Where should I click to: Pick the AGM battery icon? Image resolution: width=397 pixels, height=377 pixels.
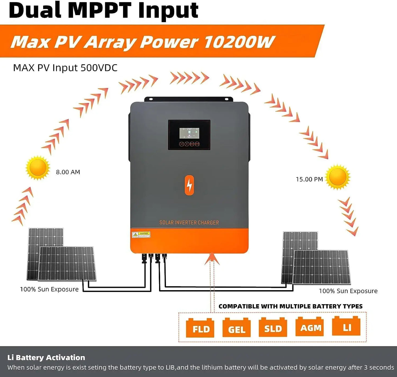point(310,327)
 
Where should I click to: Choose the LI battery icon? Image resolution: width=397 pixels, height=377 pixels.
point(346,326)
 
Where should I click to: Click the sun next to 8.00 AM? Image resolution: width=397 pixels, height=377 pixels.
point(38,168)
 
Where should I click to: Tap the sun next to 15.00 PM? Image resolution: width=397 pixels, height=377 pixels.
point(338,177)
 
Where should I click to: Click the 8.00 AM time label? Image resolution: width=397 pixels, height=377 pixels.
point(68,172)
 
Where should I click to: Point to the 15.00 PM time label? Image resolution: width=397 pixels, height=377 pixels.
point(309,179)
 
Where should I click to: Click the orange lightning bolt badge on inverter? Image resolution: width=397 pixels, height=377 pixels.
point(189,185)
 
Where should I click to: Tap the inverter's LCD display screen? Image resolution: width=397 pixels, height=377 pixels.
point(189,133)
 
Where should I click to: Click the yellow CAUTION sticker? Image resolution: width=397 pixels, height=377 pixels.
point(141,235)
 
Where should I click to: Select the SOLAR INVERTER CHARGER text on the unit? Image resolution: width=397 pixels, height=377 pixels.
point(189,223)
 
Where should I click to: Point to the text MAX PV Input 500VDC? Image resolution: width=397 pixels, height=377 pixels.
point(65,68)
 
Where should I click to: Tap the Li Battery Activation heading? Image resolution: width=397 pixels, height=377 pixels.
point(46,357)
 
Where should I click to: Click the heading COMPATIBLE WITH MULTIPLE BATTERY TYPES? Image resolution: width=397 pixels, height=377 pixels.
point(290,306)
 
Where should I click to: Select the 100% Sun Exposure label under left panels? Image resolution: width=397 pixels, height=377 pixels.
point(49,289)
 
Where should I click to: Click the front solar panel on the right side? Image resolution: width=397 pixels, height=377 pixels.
point(321,267)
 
